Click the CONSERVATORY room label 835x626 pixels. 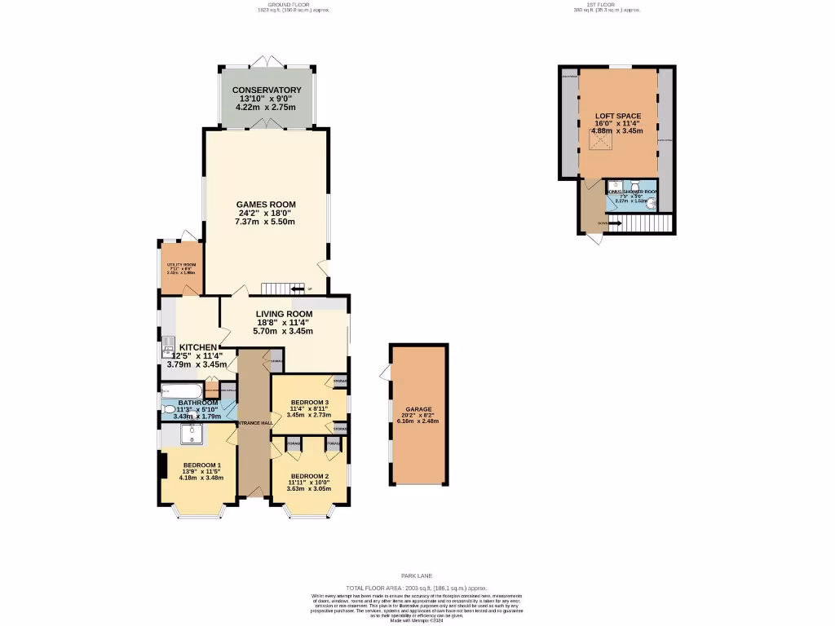pos(267,90)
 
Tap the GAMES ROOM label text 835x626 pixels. pos(266,205)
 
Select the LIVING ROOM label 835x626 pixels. pos(285,314)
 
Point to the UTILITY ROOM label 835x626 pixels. pos(181,265)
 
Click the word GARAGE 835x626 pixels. pos(418,409)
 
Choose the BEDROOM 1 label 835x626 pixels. pos(201,465)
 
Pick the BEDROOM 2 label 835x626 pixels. pos(309,476)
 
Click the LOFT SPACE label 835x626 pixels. pos(617,115)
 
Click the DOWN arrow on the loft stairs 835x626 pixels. pos(613,223)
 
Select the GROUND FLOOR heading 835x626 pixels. pos(275,4)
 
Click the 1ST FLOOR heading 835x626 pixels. pos(607,4)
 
